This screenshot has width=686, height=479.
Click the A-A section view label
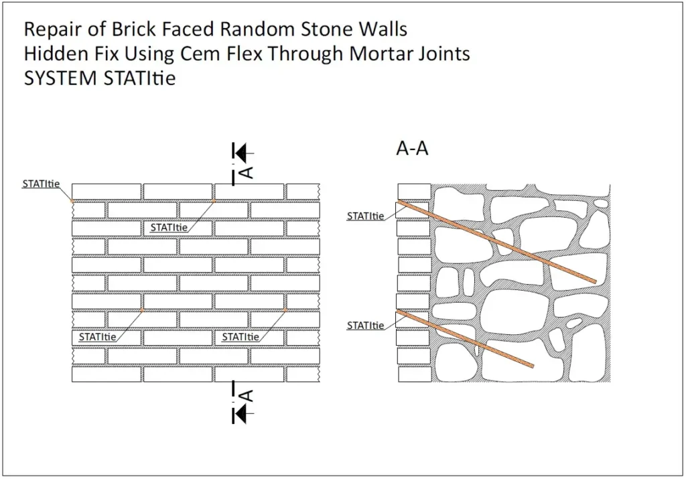tap(412, 149)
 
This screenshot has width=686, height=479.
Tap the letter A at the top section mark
tap(247, 172)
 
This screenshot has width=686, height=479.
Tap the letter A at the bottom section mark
tap(247, 396)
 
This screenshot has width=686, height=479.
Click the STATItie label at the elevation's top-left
tap(41, 184)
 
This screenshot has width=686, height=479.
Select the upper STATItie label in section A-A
tap(365, 216)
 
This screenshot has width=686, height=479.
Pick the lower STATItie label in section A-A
tap(365, 326)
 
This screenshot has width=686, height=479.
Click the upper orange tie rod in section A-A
tap(496, 241)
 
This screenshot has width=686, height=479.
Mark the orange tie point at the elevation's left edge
tap(72, 201)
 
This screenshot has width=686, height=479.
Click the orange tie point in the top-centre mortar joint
tap(214, 201)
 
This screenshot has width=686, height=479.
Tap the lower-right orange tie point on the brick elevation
tap(285, 310)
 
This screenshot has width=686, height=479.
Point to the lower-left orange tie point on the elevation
tap(143, 310)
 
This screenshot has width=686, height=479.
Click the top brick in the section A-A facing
tap(413, 191)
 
